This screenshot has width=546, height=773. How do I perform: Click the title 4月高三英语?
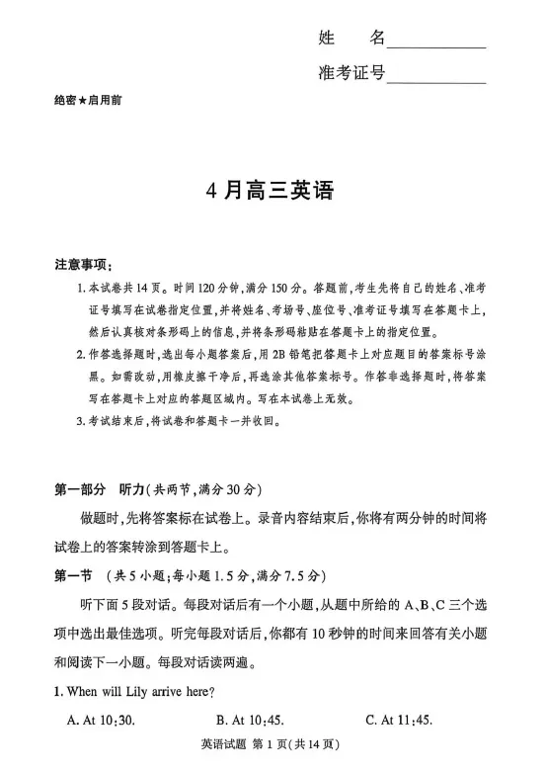(272, 191)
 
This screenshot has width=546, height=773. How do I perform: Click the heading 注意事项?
(84, 265)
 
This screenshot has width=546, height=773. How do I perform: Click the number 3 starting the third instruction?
(80, 422)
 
